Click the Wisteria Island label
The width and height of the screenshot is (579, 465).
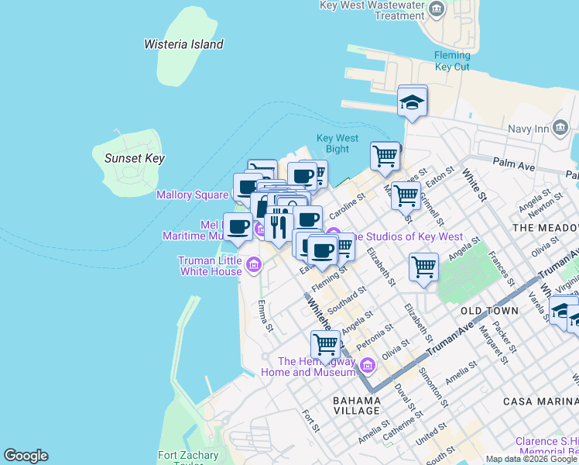[183, 44]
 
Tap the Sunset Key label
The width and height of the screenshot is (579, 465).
[134, 158]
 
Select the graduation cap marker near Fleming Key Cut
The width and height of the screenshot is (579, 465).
[413, 102]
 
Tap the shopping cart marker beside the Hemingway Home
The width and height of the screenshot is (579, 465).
[326, 344]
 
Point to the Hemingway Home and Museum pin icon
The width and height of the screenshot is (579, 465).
[368, 365]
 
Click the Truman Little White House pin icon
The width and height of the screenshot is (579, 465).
[253, 267]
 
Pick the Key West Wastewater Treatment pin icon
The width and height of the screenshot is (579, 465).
[437, 10]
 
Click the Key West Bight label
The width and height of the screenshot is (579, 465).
[337, 143]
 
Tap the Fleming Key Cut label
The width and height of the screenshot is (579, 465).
[452, 61]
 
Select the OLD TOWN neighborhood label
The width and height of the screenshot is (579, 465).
[489, 310]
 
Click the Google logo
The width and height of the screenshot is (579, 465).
[26, 456]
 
